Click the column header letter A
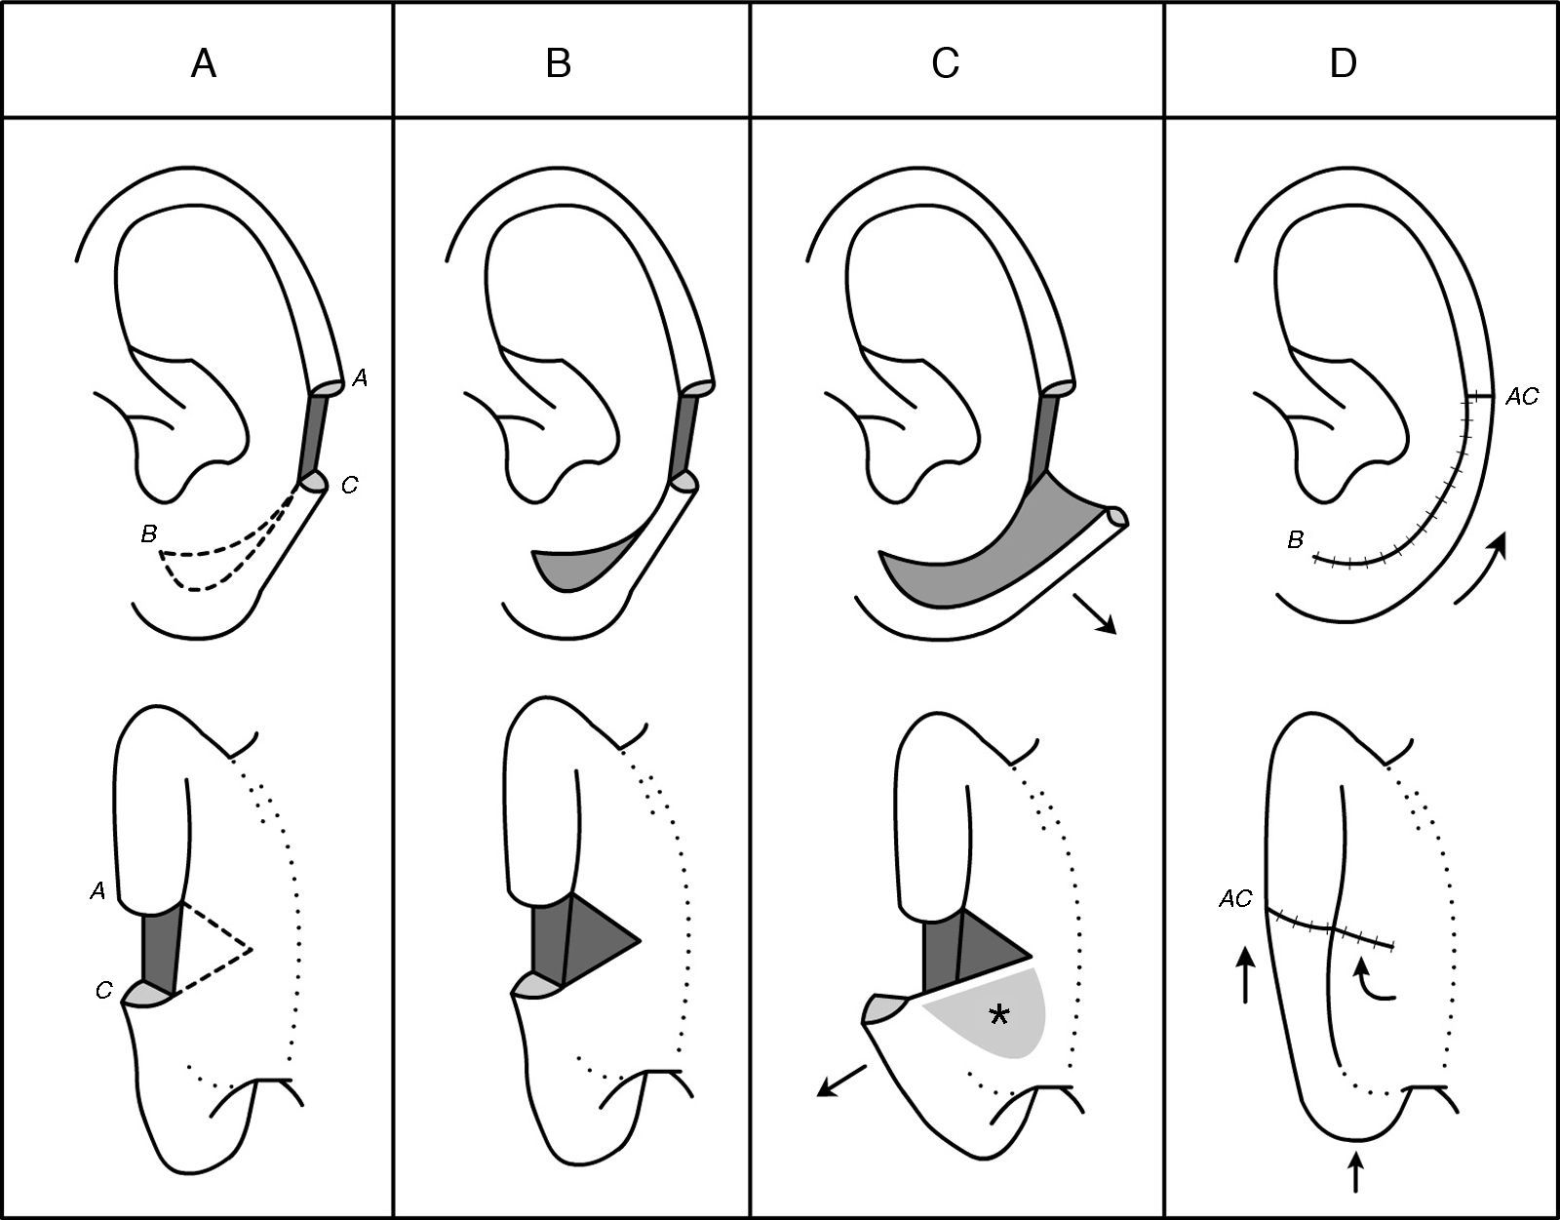203,63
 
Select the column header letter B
558,63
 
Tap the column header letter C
945,63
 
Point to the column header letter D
1343,63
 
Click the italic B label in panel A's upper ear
148,533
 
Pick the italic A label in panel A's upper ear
360,379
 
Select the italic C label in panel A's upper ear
349,485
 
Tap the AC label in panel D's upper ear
1521,397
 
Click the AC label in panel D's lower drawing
1234,898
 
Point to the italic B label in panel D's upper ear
1295,539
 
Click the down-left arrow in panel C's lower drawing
841,1081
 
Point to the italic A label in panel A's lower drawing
97,888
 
